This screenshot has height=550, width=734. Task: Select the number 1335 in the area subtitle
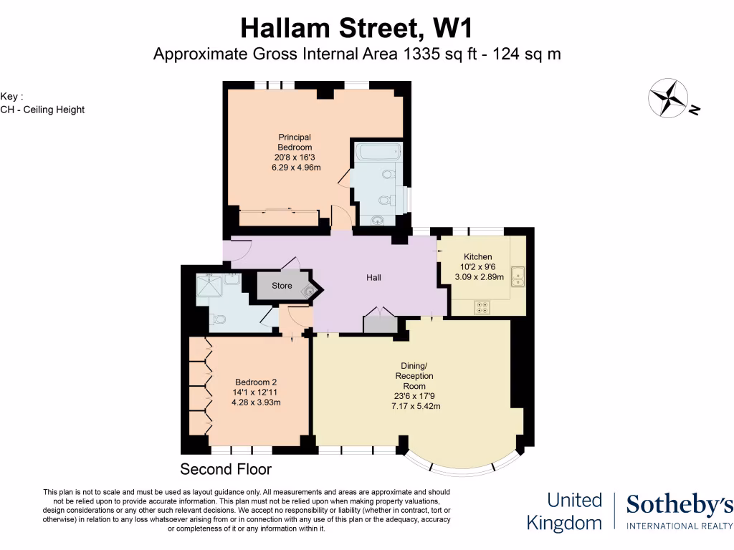point(408,54)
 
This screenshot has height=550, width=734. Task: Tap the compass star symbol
point(668,98)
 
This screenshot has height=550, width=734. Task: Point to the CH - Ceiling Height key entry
point(42,110)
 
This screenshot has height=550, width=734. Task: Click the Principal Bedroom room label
point(295,142)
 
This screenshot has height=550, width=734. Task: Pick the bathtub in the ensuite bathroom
point(377,153)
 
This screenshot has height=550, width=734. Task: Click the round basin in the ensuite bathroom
point(378,221)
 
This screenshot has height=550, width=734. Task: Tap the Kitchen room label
point(477,257)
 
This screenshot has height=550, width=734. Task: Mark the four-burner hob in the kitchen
point(482,308)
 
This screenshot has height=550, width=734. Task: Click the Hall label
point(373,278)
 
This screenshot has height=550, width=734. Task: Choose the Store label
point(282,286)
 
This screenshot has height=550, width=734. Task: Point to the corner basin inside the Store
point(309,290)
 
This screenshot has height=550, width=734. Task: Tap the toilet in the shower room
point(219,319)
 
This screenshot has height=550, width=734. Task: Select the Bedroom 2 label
point(256,382)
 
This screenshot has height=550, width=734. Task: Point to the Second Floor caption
point(226,470)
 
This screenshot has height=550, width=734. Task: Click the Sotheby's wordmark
point(680,505)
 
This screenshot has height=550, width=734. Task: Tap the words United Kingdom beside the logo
point(564,511)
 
